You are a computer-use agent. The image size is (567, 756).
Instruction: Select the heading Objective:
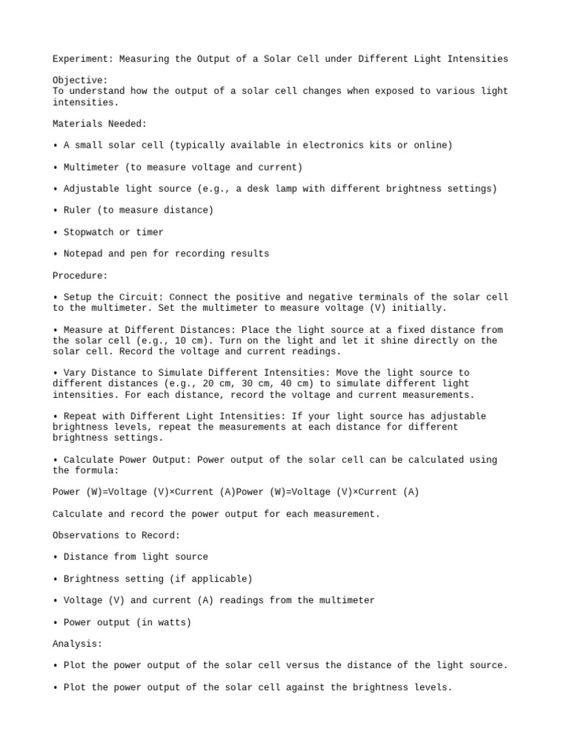80,80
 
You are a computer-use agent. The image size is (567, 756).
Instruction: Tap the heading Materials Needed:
100,124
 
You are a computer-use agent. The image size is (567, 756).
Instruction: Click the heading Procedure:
80,275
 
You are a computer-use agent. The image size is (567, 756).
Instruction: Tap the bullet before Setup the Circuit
55,298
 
